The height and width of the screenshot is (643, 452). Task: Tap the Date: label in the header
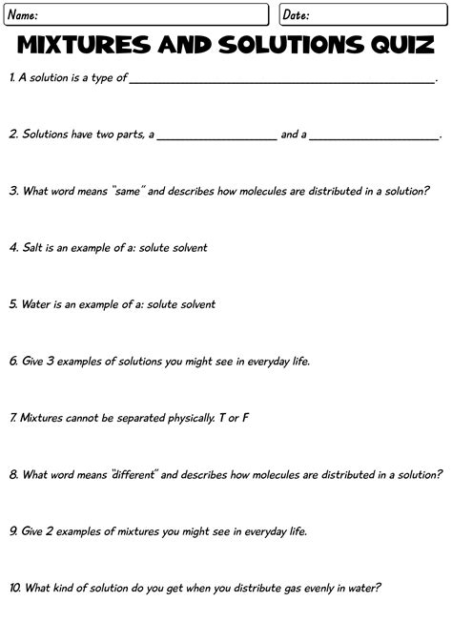[x=296, y=15]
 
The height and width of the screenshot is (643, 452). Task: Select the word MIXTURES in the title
[x=84, y=46]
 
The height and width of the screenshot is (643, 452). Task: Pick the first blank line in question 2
[x=216, y=139]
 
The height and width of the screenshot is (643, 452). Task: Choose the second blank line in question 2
[x=374, y=139]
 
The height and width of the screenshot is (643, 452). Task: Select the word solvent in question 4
[x=188, y=247]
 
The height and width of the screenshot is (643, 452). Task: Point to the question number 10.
[x=15, y=588]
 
